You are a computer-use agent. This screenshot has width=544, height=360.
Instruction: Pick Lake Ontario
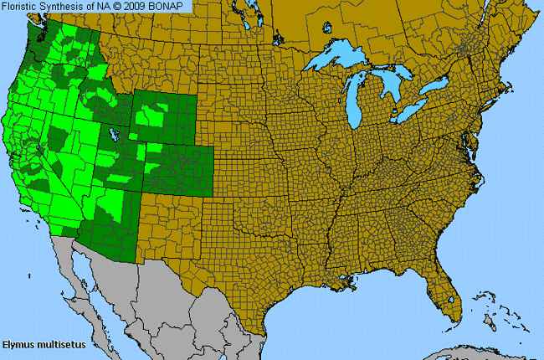tap(439, 86)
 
